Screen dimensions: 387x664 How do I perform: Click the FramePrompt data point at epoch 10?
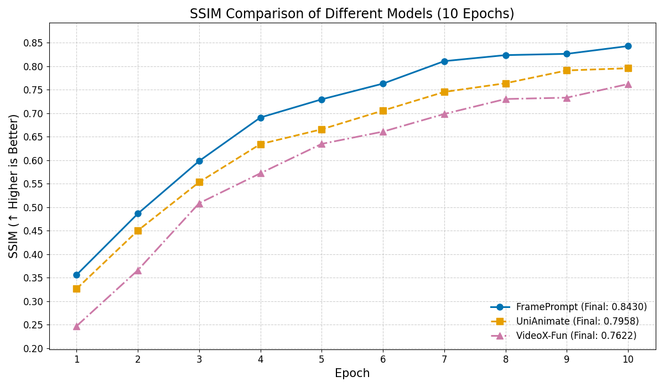pyautogui.click(x=628, y=46)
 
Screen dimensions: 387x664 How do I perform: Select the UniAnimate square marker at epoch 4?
pyautogui.click(x=261, y=144)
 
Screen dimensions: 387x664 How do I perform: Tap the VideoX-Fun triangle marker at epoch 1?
pyautogui.click(x=76, y=326)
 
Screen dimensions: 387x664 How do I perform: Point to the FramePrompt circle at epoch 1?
pyautogui.click(x=76, y=275)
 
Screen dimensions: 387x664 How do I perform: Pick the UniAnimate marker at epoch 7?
pyautogui.click(x=444, y=92)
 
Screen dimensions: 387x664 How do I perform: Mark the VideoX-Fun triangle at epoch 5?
pyautogui.click(x=321, y=144)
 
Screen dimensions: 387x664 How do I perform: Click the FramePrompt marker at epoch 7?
pyautogui.click(x=444, y=61)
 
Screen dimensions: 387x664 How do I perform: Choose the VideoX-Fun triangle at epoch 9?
pyautogui.click(x=567, y=98)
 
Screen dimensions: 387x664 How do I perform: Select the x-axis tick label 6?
pyautogui.click(x=383, y=359)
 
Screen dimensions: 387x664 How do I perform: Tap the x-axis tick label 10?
pyautogui.click(x=628, y=359)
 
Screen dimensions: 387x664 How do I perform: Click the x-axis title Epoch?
pyautogui.click(x=352, y=374)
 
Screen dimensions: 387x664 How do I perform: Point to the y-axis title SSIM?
pyautogui.click(x=14, y=186)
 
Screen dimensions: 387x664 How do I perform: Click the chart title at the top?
pyautogui.click(x=352, y=14)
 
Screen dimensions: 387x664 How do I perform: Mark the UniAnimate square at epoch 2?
pyautogui.click(x=138, y=231)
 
